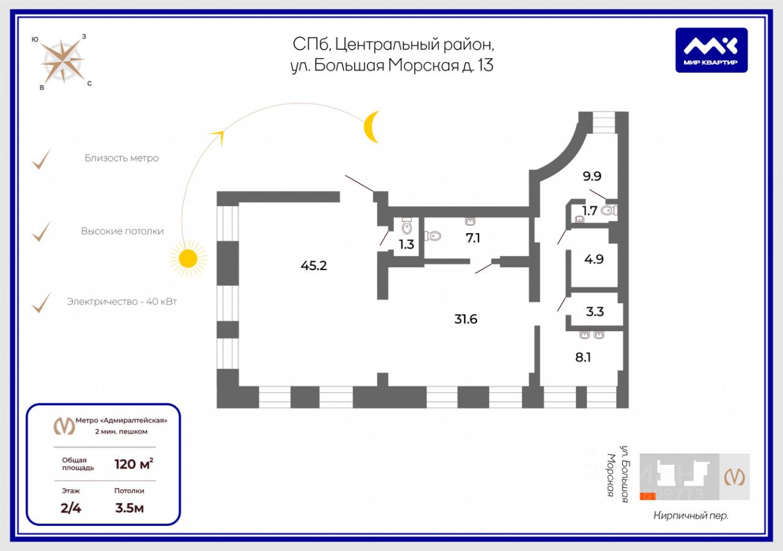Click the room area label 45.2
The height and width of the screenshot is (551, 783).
[314, 266]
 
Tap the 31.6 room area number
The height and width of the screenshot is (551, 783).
[466, 319]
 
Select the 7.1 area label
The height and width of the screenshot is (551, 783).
[473, 238]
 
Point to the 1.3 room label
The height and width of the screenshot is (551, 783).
[406, 244]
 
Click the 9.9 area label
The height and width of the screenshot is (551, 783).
[592, 177]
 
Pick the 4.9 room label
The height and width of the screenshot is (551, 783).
[593, 259]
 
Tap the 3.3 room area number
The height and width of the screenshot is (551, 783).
[595, 312]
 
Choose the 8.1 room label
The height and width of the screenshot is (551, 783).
[583, 356]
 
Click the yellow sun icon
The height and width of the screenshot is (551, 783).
[188, 258]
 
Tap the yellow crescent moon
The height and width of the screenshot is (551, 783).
[371, 127]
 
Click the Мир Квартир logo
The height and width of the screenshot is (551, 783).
[711, 50]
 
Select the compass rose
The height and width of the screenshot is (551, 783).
[62, 61]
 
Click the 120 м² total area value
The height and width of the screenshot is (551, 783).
[133, 463]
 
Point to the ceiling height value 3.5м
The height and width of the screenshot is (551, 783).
[129, 508]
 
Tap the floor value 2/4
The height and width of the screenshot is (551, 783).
[71, 508]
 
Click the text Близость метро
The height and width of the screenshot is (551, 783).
[122, 158]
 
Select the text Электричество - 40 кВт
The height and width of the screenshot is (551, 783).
[122, 302]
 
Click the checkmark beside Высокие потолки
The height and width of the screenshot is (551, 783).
[41, 231]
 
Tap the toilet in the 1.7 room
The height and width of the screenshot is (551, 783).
[608, 211]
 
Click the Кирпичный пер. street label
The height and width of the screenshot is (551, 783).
[691, 515]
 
